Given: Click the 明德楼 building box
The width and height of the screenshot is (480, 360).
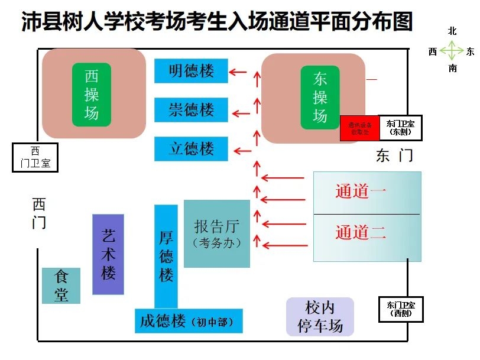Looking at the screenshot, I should pos(191,71).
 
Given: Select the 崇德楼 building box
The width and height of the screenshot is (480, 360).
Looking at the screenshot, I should pos(191,110).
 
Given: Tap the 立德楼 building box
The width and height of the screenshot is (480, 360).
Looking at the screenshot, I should pos(191,148).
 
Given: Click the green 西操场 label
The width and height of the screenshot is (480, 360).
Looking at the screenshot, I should pos(92,95).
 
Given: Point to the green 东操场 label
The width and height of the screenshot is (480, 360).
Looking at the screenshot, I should pos(320,98).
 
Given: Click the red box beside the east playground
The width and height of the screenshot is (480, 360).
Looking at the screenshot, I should pos(359,128).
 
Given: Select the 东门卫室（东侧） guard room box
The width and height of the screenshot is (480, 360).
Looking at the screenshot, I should pos(400,128).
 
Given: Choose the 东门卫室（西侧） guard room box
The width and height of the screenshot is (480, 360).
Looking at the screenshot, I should pos(400,309).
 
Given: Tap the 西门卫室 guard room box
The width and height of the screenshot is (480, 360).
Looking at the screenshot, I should pos(35,157).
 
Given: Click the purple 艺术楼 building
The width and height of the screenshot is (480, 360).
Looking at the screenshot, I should pos(108,254).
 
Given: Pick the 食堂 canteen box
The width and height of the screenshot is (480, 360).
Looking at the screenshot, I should pos(61,286).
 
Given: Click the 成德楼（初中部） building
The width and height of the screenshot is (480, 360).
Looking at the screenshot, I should pos(189,321).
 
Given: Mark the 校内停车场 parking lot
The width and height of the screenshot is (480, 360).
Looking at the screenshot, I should pos(320,317).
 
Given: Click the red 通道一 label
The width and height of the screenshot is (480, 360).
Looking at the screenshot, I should pos(361,192).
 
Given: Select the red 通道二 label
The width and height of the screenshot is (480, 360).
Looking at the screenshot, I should pos(361,232).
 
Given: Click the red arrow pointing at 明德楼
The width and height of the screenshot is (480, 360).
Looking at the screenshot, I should pos(238,72).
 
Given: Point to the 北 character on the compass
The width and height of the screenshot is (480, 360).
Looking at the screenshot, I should pos(452,31).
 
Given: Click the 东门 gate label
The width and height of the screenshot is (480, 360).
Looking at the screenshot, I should pos(394,155).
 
